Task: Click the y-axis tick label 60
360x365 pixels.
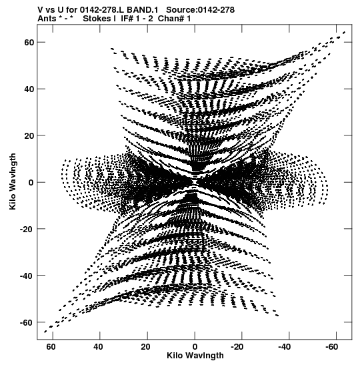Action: click(29, 42)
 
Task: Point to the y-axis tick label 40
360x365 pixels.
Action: click(29, 89)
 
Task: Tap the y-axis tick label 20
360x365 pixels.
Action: click(29, 135)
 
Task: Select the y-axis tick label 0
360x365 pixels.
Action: click(31, 183)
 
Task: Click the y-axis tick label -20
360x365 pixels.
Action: click(27, 229)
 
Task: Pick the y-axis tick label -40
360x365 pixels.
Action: click(27, 276)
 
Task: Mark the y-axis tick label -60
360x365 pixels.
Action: click(27, 323)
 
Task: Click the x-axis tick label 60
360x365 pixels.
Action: click(51, 347)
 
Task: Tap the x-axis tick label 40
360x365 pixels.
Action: click(98, 347)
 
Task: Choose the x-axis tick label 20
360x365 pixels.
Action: click(145, 347)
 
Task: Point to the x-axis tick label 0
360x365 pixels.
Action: click(195, 347)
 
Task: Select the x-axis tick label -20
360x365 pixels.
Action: click(237, 347)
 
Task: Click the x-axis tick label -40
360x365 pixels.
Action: click(285, 347)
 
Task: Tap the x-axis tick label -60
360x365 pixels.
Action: click(331, 347)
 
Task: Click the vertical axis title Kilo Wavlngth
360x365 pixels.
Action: click(13, 181)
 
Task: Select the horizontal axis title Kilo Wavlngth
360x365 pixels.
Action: click(195, 356)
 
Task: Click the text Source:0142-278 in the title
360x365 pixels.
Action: click(201, 10)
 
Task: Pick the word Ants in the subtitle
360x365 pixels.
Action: click(47, 19)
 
